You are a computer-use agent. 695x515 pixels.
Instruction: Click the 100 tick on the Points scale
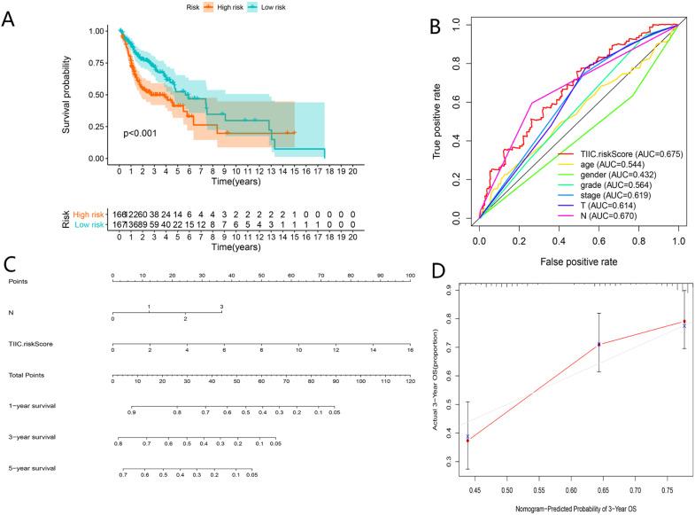click(x=409, y=277)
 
